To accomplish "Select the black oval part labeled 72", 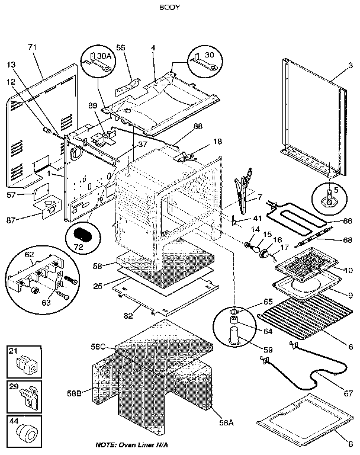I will point(83,232).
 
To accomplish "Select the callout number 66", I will point(348,221).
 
